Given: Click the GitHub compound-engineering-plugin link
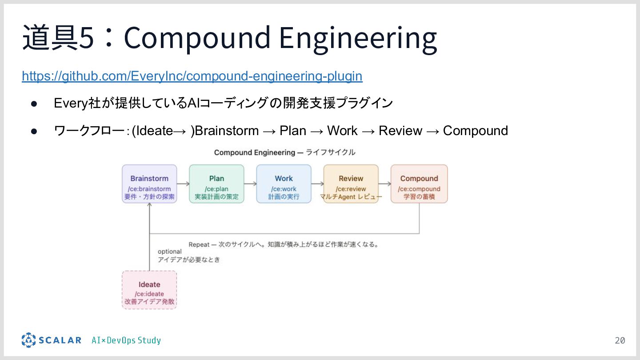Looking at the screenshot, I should coord(192,76).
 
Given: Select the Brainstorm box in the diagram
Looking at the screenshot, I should coord(149,184).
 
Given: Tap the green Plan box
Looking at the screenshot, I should coord(216,184).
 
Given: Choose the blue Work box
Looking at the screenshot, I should coord(284,184).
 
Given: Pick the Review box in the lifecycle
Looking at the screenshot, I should coord(351,184).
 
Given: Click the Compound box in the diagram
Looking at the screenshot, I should coord(419,184).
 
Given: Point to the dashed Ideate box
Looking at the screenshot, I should coord(149,290).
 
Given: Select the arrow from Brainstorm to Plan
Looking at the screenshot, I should coord(183,184).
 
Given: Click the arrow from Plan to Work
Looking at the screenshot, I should coord(250,184).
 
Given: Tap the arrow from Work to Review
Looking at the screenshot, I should coord(317,184).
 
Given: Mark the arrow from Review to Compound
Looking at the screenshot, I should coord(384,184).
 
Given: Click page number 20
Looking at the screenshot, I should coord(620,341).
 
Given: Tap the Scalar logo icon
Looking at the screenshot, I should coord(28,340).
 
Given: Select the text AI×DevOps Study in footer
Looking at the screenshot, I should coord(126,340).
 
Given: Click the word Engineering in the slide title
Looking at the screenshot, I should coord(358,38).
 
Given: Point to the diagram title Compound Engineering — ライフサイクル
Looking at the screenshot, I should coord(284,152).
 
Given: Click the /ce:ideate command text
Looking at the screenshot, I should coord(149,294).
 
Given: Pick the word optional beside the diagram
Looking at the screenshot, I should coord(170,252).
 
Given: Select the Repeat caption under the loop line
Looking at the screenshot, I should coord(283,244).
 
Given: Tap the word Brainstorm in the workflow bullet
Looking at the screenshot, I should coord(227,131).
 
